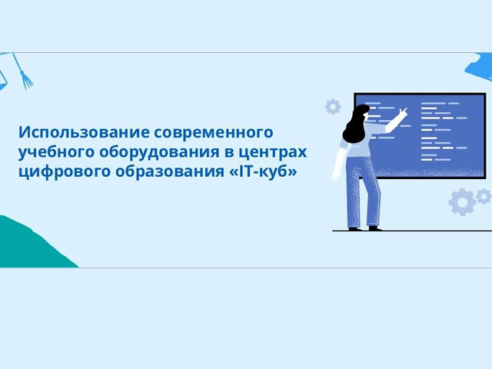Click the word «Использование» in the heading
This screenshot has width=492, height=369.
[84, 132]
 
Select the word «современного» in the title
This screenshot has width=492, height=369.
[214, 132]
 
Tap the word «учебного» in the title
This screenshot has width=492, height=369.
[56, 152]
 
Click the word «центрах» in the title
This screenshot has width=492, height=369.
[272, 152]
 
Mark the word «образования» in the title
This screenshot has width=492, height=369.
[170, 171]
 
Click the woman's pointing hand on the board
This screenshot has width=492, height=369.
[403, 112]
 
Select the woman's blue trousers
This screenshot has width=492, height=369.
[363, 191]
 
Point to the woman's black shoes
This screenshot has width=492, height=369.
[366, 228]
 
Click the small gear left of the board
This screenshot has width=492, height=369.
[333, 107]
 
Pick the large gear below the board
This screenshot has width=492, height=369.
[463, 202]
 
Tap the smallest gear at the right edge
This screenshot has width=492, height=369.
[484, 196]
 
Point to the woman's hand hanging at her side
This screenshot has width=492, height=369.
[336, 175]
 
